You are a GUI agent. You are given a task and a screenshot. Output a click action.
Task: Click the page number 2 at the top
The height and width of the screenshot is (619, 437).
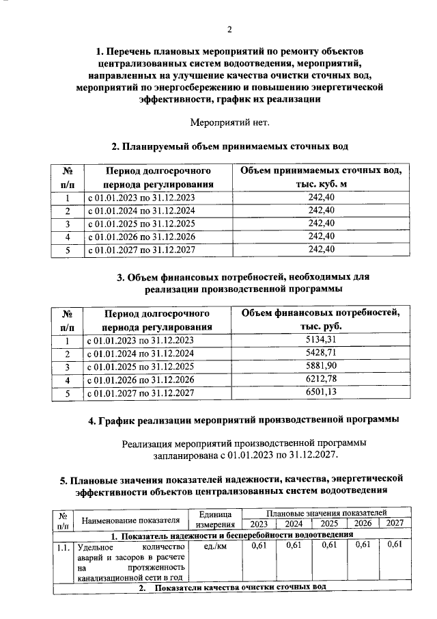[229, 29]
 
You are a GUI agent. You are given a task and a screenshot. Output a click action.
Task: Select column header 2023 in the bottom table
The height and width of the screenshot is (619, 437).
[259, 524]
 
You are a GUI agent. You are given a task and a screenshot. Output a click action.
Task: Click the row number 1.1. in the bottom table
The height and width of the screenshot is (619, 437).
[64, 547]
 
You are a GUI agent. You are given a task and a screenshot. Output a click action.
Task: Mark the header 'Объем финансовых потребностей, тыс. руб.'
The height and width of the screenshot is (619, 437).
[320, 319]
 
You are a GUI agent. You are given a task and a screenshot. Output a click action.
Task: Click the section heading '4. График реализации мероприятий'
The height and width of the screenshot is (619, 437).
[243, 419]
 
